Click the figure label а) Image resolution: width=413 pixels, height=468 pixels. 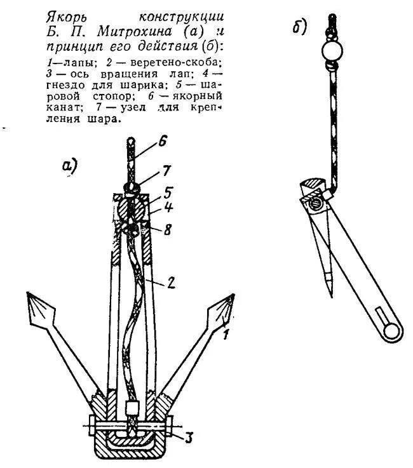tap(69, 166)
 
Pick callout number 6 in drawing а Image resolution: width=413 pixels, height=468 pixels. tap(162, 143)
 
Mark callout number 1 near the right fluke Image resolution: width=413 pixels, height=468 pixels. tap(224, 337)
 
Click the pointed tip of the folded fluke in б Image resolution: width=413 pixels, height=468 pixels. tap(330, 295)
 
